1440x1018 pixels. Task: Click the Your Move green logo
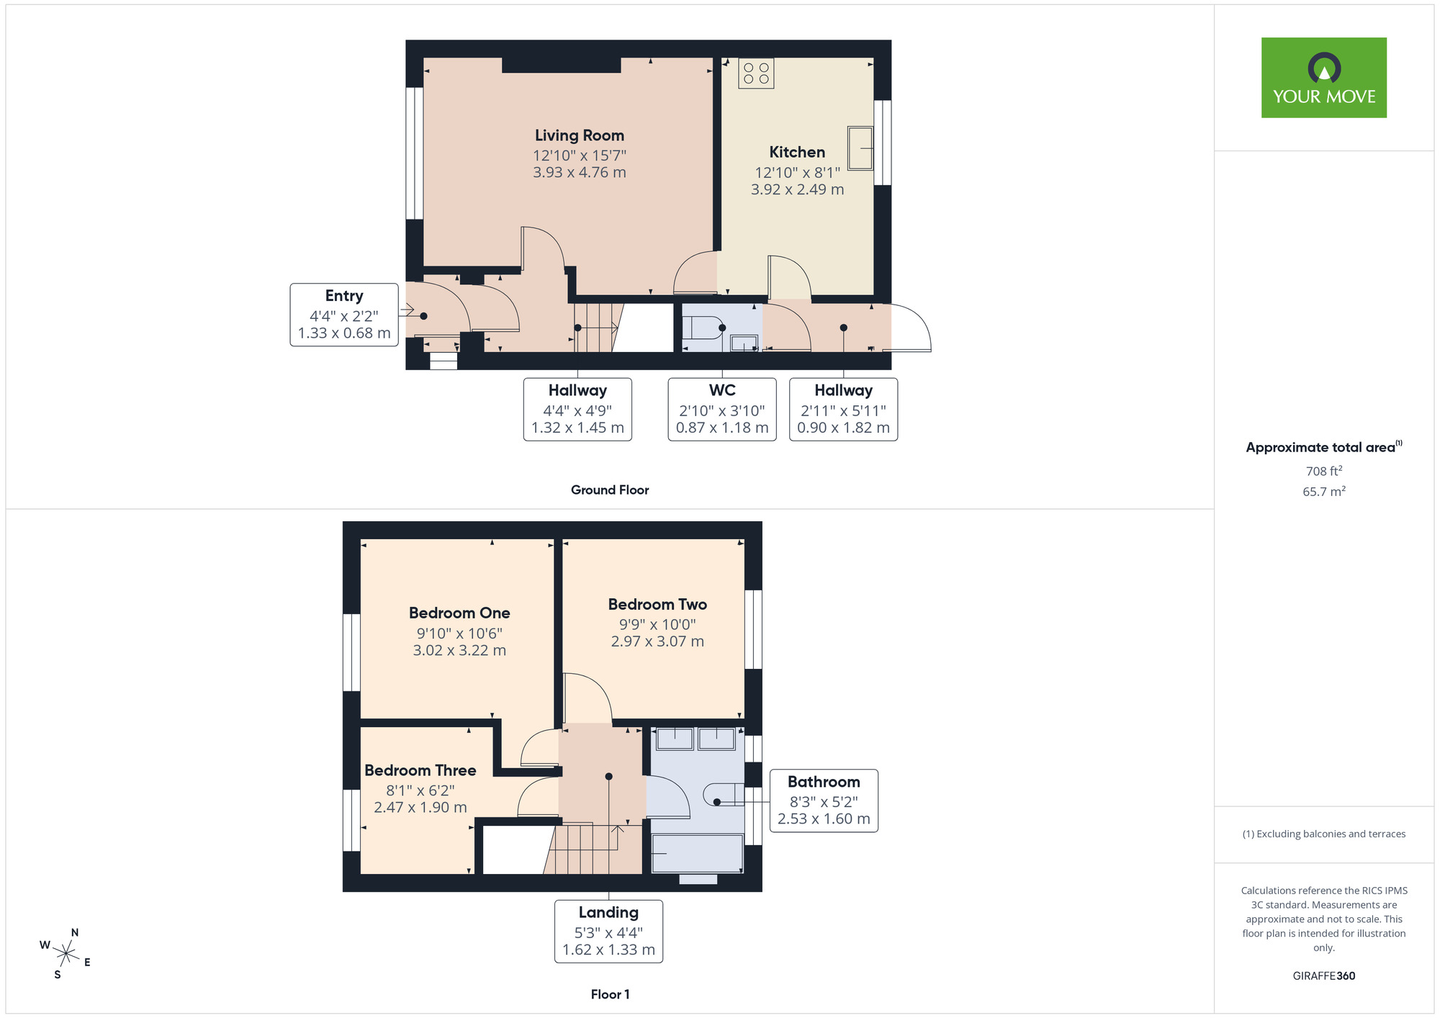point(1323,78)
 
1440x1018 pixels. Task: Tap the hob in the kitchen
point(756,73)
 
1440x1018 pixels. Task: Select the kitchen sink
point(860,148)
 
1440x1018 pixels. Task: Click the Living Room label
point(579,135)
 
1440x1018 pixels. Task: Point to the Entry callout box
point(344,315)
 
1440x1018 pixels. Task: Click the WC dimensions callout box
point(721,409)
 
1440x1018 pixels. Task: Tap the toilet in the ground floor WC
point(702,328)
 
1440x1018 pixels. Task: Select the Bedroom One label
point(459,613)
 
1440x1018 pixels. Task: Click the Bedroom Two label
point(657,604)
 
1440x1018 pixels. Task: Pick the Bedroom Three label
point(420,770)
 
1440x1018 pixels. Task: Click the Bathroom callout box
point(824,801)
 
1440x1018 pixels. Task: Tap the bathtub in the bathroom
point(697,853)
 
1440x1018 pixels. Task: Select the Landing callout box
point(608,931)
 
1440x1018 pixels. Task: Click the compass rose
point(66,954)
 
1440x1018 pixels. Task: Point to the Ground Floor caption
point(610,490)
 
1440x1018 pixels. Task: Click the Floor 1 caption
point(610,994)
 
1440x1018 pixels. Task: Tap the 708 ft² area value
point(1323,471)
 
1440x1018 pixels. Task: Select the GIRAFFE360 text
point(1323,976)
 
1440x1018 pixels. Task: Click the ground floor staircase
point(596,328)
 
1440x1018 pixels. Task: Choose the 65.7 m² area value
point(1323,492)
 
